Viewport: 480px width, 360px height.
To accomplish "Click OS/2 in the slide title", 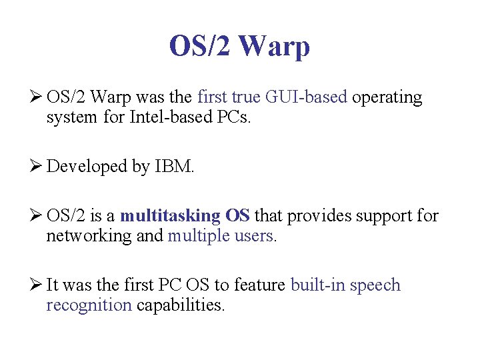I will coord(199,47).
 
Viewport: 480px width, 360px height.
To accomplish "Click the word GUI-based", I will coord(306,97).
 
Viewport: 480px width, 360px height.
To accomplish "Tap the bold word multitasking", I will coord(170,216).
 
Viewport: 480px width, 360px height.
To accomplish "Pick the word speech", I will coord(375,285).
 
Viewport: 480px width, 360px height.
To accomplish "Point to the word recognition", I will coord(89,306).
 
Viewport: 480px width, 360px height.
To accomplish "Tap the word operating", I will coord(387,98).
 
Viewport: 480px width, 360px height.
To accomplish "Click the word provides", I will coord(313,216).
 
